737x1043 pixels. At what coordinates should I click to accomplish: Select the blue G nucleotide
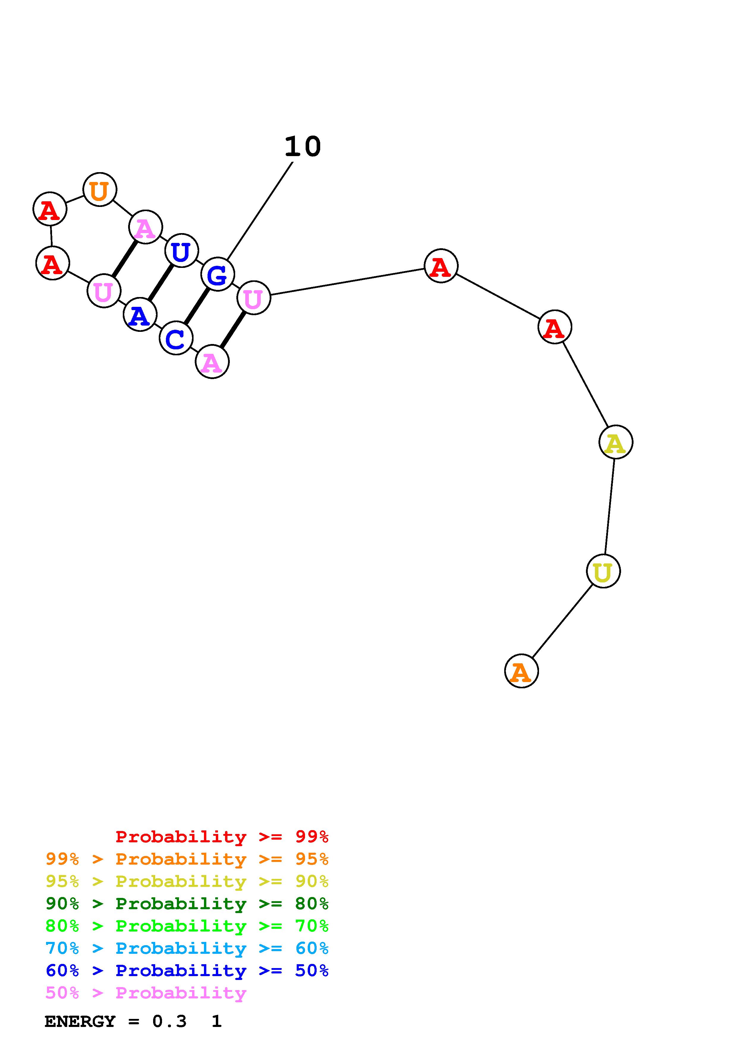(218, 274)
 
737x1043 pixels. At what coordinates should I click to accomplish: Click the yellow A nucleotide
(615, 442)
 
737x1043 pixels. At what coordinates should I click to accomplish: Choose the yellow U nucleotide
(603, 571)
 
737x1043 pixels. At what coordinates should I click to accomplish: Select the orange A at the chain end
(521, 671)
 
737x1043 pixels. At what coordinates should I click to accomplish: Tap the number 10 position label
(302, 147)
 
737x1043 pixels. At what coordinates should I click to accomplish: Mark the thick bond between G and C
(197, 306)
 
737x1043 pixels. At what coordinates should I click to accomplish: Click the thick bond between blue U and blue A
(161, 282)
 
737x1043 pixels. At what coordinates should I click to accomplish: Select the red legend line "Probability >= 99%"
(221, 836)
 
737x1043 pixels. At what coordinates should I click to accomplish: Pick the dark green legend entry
(187, 904)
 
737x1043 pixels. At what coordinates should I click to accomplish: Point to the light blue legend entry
(187, 948)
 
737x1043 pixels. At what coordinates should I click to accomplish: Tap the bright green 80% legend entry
(187, 926)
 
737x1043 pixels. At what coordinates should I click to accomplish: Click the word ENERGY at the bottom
(80, 1021)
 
